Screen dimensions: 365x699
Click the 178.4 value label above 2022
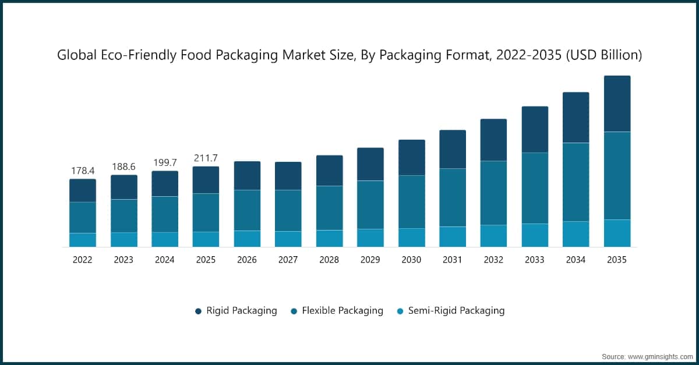tap(83, 171)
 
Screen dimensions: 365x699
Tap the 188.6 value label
tap(124, 166)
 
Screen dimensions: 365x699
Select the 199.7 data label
tap(165, 162)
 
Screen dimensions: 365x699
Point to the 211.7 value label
tap(206, 158)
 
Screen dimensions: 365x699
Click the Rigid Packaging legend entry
tap(236, 311)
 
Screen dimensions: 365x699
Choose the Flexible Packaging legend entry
tap(337, 311)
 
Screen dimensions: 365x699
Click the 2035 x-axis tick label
tap(617, 260)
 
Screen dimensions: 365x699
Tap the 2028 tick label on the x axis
tap(329, 260)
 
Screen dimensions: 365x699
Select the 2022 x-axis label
tap(83, 260)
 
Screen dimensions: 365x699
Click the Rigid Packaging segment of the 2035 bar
tap(617, 104)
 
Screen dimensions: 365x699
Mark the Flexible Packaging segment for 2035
tap(617, 175)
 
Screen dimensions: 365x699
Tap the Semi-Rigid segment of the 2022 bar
tap(83, 240)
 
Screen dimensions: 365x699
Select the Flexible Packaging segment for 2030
tap(411, 201)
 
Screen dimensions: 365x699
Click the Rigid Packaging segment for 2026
tap(247, 175)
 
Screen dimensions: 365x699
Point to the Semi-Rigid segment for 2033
tap(535, 235)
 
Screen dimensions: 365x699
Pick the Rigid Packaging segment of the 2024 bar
tap(165, 183)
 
